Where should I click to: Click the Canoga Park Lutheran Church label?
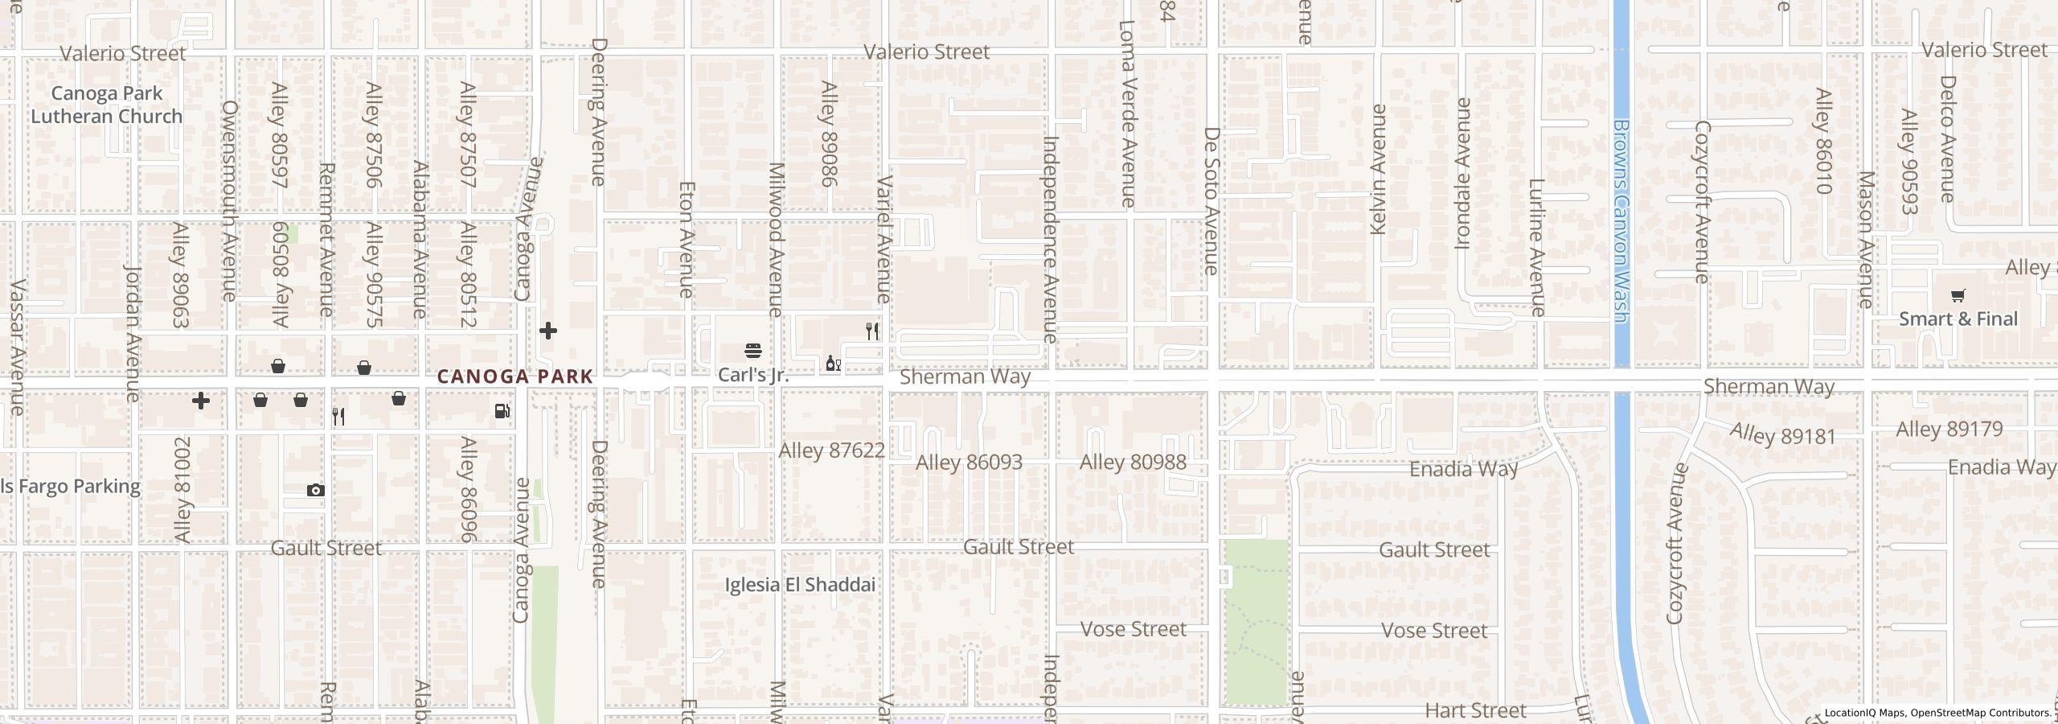tap(106, 105)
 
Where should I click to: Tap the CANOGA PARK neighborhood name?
tap(514, 376)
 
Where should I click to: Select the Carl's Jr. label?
tap(752, 376)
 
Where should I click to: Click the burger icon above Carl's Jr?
tap(753, 351)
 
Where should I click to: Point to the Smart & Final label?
tap(1958, 319)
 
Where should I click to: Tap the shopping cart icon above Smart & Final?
tap(1958, 296)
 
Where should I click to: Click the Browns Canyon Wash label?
tap(1621, 221)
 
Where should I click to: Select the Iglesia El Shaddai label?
tap(800, 585)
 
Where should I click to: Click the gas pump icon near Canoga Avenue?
tap(502, 411)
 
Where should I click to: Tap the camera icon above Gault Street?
tap(315, 490)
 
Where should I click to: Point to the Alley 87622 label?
tap(831, 451)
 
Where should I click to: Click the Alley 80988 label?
tap(1132, 463)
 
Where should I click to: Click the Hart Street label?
tap(1475, 711)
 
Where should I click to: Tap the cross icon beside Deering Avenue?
tap(547, 331)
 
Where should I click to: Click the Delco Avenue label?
tap(1947, 138)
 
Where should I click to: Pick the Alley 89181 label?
tap(1783, 435)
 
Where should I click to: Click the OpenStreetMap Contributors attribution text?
tap(1981, 713)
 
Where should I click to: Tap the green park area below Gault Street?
tap(1256, 623)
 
